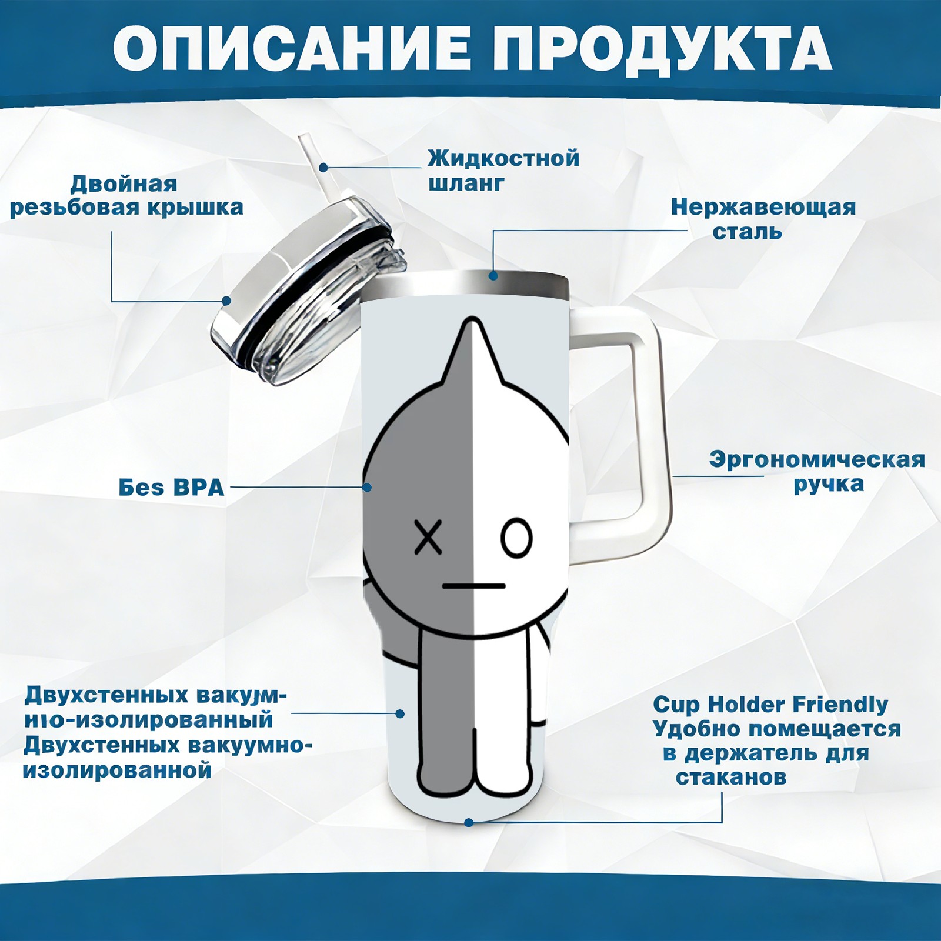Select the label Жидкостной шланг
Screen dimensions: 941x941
point(503,170)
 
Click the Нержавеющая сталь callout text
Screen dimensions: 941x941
point(763,219)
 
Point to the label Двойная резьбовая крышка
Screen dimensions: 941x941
point(126,195)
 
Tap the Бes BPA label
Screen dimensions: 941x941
point(172,487)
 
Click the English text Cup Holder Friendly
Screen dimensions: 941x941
point(770,704)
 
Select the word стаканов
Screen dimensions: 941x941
point(731,777)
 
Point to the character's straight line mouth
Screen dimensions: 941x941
point(474,586)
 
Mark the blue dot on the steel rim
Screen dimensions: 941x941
point(493,275)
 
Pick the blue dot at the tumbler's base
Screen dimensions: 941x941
point(469,822)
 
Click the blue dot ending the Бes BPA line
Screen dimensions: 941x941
point(367,487)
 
